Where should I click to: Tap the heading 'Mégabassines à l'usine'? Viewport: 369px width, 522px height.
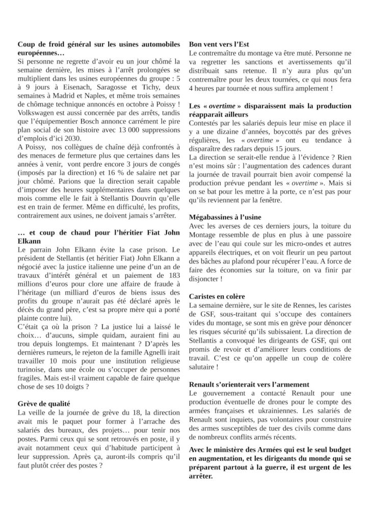pos(225,216)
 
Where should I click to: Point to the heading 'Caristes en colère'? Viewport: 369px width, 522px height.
pos(217,296)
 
